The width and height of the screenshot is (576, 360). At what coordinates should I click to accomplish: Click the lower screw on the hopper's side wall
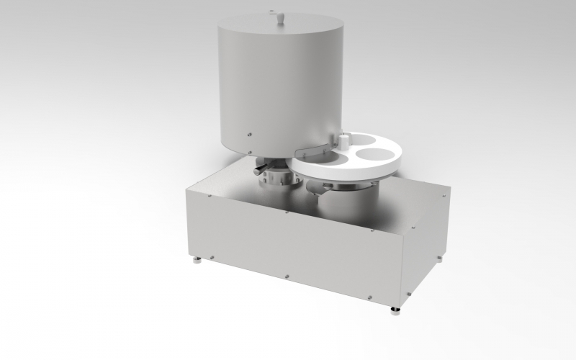(x=249, y=133)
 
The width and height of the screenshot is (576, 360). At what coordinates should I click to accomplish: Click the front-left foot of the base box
(x=197, y=260)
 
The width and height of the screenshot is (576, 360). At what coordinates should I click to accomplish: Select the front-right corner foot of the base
(x=395, y=310)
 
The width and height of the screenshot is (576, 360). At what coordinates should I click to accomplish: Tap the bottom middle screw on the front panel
(x=287, y=274)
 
